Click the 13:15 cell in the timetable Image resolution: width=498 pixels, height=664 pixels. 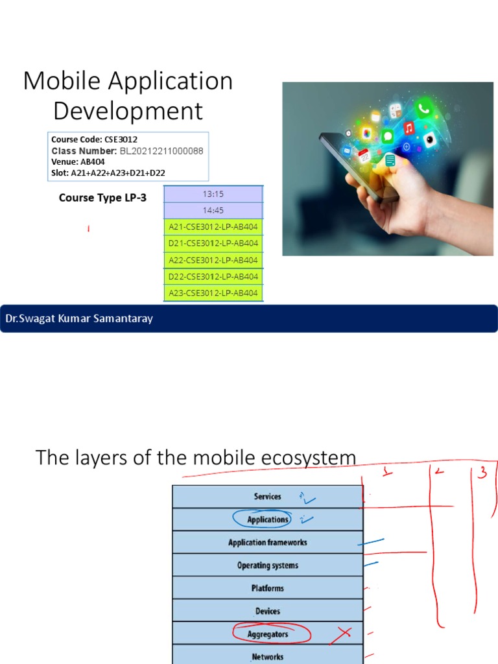[x=213, y=193]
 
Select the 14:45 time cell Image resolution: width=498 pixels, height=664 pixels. [x=213, y=210]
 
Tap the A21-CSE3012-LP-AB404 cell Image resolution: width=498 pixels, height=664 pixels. [x=213, y=227]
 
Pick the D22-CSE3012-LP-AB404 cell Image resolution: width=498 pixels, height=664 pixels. [x=213, y=276]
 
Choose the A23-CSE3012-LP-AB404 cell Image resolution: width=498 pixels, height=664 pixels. [x=213, y=293]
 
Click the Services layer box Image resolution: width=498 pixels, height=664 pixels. [x=267, y=497]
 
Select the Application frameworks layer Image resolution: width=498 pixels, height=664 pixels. [x=267, y=543]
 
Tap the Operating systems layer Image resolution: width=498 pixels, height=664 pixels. [x=267, y=565]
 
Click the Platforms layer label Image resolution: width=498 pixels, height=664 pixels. [x=267, y=588]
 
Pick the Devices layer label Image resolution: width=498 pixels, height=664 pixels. [x=267, y=611]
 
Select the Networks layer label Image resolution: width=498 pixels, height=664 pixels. [x=267, y=657]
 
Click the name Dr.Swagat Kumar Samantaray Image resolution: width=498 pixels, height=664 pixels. [x=79, y=319]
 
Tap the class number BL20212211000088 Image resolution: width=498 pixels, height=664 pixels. [x=161, y=150]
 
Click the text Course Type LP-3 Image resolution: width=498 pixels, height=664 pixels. [x=102, y=198]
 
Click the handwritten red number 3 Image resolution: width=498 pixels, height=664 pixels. [x=481, y=473]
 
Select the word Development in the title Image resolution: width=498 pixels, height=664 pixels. [x=128, y=111]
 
